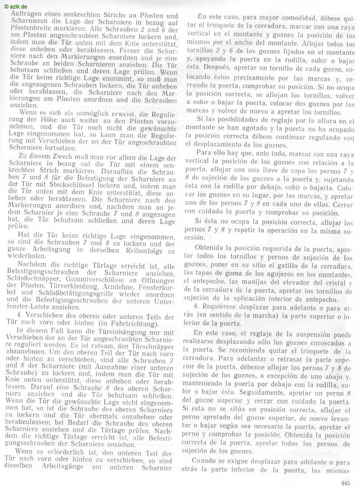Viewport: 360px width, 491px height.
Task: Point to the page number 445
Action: pos(345,484)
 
